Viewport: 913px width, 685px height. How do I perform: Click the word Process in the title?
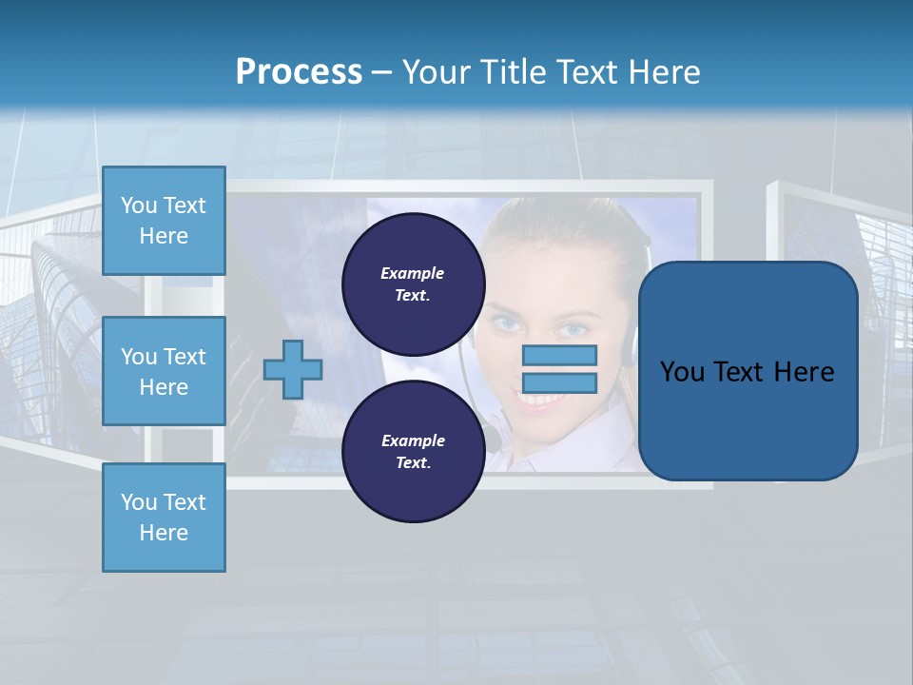[x=299, y=72]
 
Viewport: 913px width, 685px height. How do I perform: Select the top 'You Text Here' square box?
[x=164, y=221]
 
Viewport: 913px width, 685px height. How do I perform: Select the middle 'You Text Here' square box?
[x=164, y=371]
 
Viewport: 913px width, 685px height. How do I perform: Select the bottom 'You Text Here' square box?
[x=164, y=518]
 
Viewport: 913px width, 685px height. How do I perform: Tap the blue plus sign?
[x=293, y=369]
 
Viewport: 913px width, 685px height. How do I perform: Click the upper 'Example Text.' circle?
[x=413, y=284]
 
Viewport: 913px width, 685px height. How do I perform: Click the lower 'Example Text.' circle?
[x=413, y=451]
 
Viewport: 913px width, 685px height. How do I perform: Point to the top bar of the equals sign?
[x=559, y=355]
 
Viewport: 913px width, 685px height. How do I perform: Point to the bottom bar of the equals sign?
[x=559, y=383]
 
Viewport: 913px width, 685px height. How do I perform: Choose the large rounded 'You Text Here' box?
[x=748, y=371]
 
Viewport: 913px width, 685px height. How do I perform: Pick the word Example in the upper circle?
[x=413, y=273]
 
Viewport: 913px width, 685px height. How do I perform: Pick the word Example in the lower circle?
[x=413, y=440]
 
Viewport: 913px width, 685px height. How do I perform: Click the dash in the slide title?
[x=382, y=72]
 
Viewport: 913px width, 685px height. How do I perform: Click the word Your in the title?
[x=433, y=72]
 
